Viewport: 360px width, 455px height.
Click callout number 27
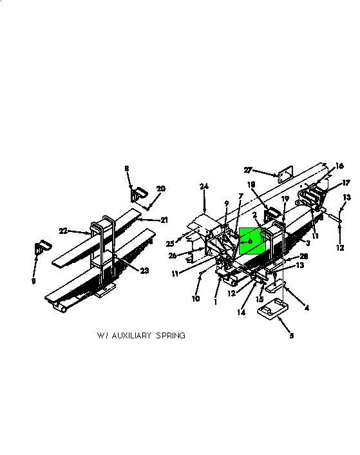(x=248, y=169)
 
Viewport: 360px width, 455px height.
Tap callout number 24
(x=204, y=186)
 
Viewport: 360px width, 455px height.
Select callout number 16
(x=339, y=166)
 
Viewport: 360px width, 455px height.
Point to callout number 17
(x=346, y=183)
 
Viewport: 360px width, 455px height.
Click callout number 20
(x=161, y=189)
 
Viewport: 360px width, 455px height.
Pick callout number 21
(x=164, y=220)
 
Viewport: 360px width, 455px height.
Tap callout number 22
(x=63, y=231)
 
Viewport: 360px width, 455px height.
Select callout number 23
(x=144, y=271)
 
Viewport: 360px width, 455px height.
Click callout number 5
(x=292, y=336)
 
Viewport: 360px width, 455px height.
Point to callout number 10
(x=196, y=298)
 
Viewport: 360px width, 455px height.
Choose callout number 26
(x=173, y=256)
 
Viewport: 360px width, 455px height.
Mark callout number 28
(x=303, y=257)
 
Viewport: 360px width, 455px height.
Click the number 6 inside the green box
(x=250, y=241)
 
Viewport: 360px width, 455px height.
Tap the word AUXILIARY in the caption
(x=131, y=335)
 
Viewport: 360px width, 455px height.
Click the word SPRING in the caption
(x=171, y=335)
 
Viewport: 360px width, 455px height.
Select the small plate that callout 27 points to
(x=285, y=174)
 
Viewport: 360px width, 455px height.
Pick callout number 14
(x=241, y=312)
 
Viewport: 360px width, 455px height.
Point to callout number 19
(x=285, y=198)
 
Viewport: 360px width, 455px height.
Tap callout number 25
(x=170, y=244)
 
